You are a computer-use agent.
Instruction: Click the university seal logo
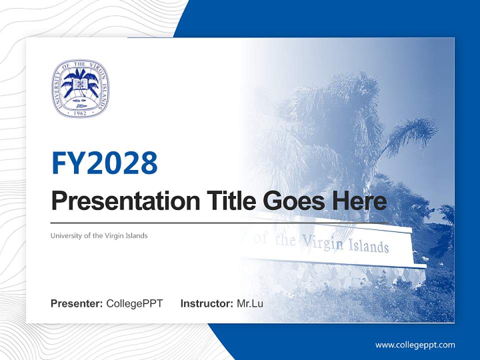(x=80, y=89)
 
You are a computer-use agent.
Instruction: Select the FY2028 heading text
(x=104, y=163)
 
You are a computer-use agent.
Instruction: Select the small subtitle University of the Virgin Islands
(x=99, y=235)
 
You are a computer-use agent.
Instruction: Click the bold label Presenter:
(x=77, y=303)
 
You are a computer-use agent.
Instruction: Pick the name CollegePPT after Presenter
(x=134, y=303)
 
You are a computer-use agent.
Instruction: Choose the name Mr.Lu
(x=250, y=303)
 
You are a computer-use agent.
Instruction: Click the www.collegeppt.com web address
(x=415, y=344)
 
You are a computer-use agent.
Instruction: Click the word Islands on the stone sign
(x=369, y=246)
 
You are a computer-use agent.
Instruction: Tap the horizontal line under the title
(x=220, y=222)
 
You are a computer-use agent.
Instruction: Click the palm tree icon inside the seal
(x=80, y=82)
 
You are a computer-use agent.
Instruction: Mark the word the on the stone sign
(x=285, y=240)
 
